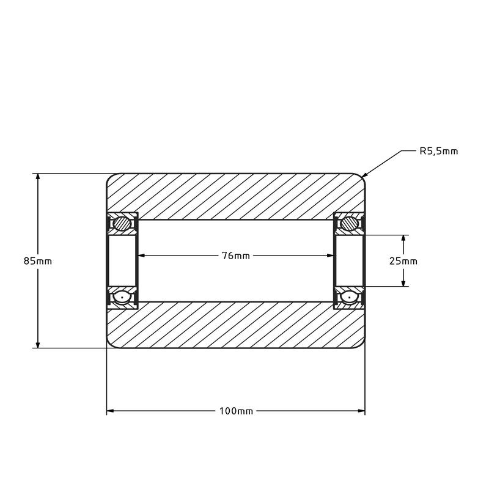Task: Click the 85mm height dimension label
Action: point(38,261)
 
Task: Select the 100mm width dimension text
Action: point(236,411)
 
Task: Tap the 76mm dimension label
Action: point(236,256)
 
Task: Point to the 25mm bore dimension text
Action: point(403,261)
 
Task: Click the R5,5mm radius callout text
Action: point(438,151)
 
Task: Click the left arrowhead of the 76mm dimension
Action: point(142,256)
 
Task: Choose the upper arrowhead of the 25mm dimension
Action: point(403,238)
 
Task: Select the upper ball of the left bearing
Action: point(123,224)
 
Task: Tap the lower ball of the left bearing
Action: point(123,298)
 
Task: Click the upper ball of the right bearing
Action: point(350,224)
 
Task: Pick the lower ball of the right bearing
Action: point(350,298)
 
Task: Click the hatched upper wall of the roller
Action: point(236,194)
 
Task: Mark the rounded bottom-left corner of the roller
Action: point(110,345)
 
